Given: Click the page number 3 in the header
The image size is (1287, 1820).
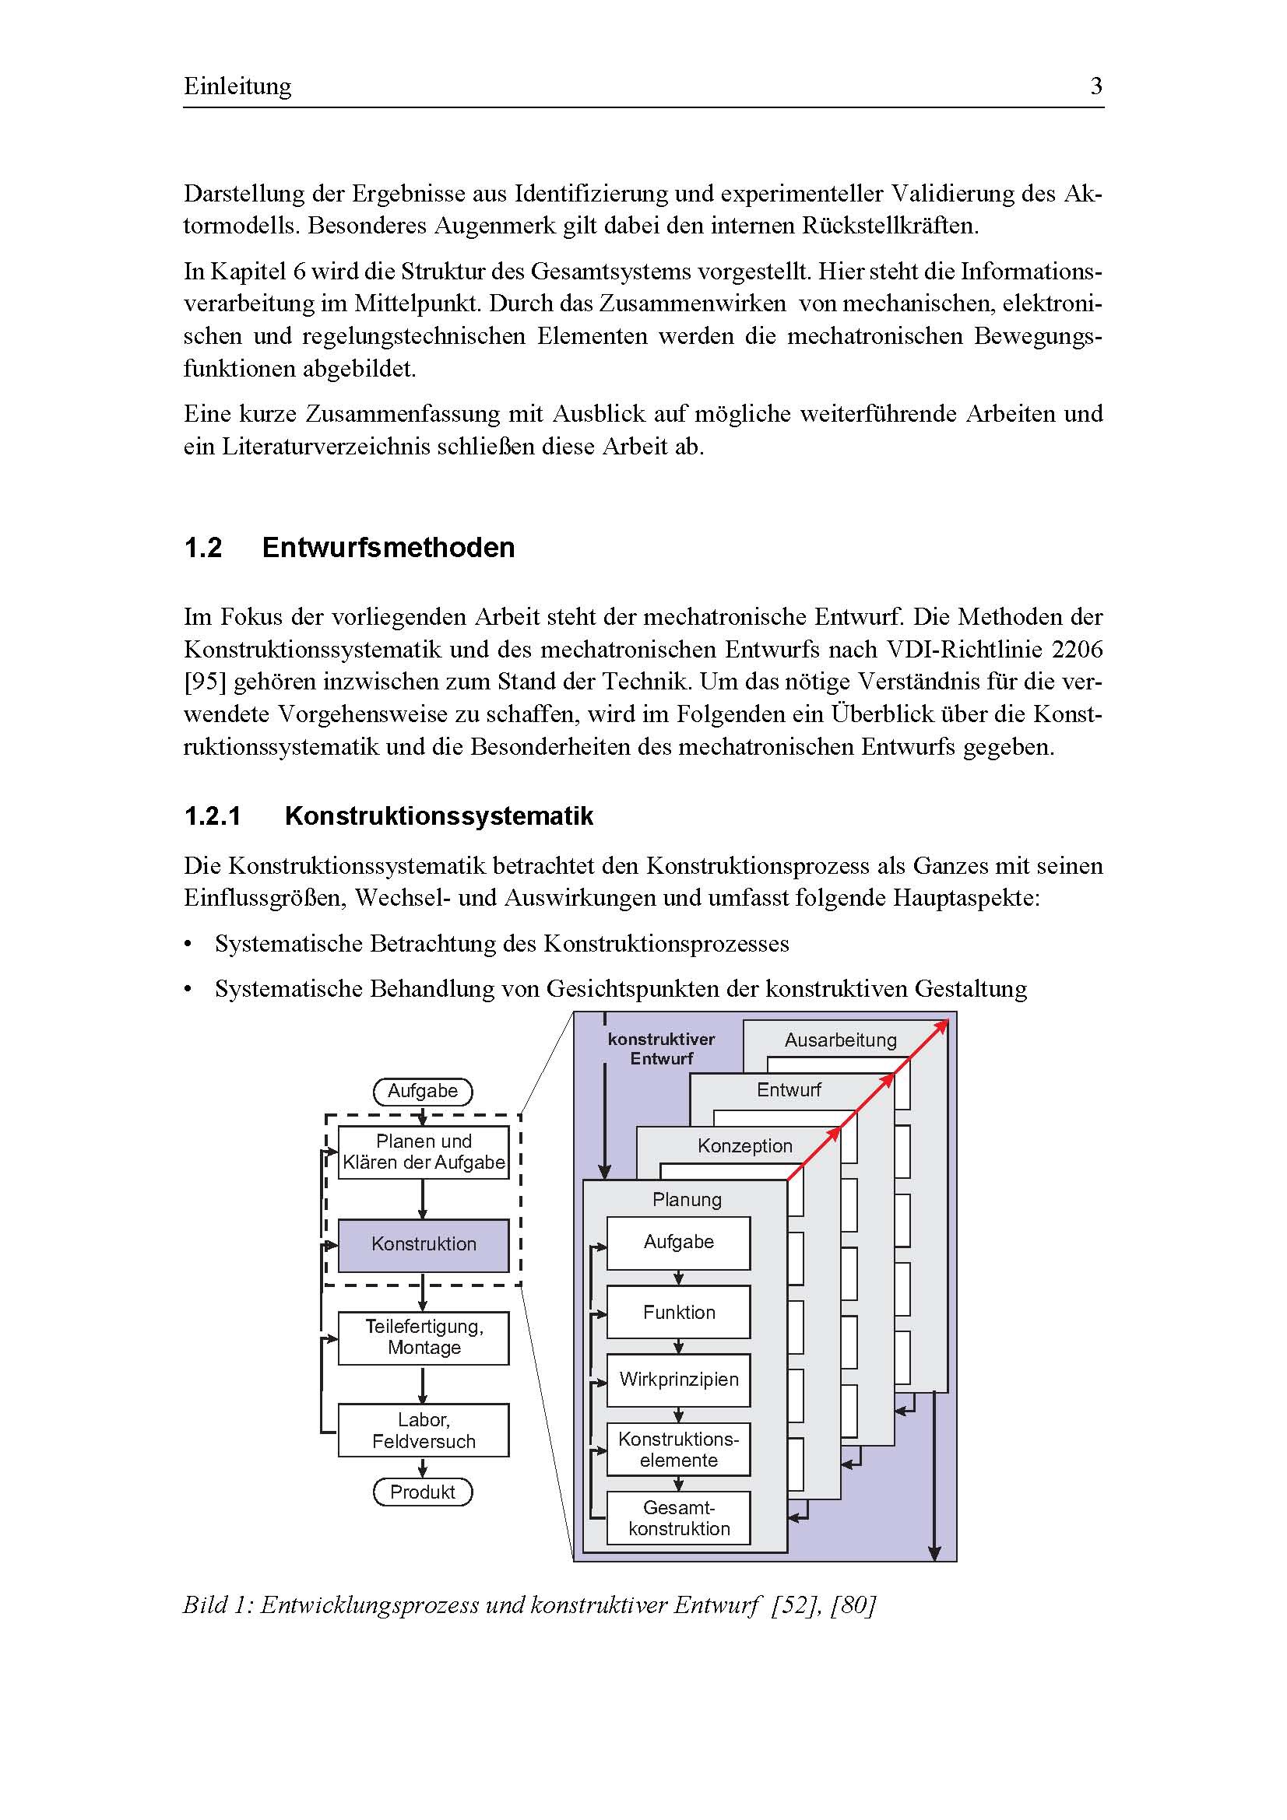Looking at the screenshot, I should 1096,86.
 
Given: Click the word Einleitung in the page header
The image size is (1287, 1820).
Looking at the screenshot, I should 237,86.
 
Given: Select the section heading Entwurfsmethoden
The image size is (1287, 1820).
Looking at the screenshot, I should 388,548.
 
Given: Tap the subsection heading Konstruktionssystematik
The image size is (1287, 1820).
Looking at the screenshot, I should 438,815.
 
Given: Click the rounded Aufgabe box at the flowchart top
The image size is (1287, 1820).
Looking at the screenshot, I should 423,1091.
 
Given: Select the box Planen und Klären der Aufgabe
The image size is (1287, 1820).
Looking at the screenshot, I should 424,1152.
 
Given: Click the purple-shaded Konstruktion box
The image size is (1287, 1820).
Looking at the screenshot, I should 424,1243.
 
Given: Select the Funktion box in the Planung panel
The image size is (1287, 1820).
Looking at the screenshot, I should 679,1312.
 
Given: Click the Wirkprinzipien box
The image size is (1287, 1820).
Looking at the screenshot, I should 679,1380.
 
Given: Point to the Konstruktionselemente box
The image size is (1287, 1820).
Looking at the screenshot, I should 679,1449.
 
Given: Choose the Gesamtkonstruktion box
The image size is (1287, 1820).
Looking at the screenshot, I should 679,1517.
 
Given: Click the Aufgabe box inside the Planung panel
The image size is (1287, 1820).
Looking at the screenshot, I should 679,1242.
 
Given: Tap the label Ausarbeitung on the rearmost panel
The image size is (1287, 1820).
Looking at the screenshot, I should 841,1040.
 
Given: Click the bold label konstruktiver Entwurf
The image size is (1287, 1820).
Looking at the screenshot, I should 661,1048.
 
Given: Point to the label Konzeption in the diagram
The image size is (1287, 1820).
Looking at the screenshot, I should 744,1145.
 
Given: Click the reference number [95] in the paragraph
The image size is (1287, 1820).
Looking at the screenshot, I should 207,682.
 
